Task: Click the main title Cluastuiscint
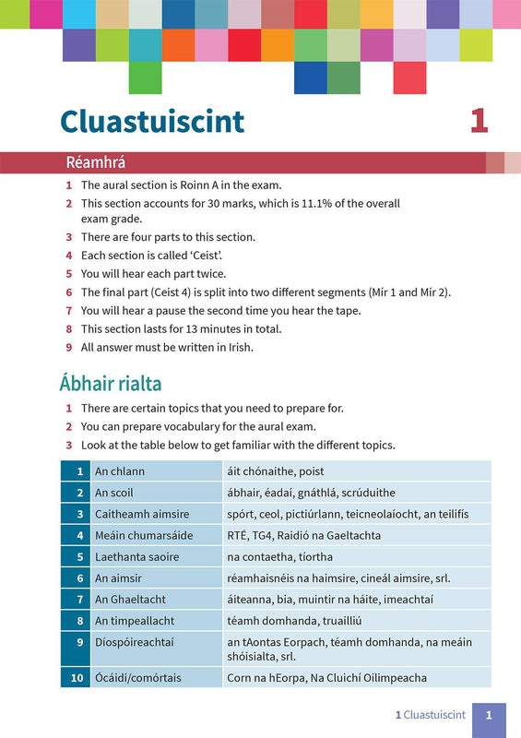(152, 121)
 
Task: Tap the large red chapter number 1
(479, 121)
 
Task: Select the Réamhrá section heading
(95, 162)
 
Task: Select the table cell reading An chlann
(120, 471)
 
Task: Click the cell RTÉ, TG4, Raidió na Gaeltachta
(303, 535)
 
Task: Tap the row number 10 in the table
(77, 678)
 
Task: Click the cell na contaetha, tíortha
(279, 557)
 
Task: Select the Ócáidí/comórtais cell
(137, 678)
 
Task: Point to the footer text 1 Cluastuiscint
(428, 714)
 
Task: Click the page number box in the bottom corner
(489, 715)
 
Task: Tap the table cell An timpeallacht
(135, 621)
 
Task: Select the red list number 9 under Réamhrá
(68, 347)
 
